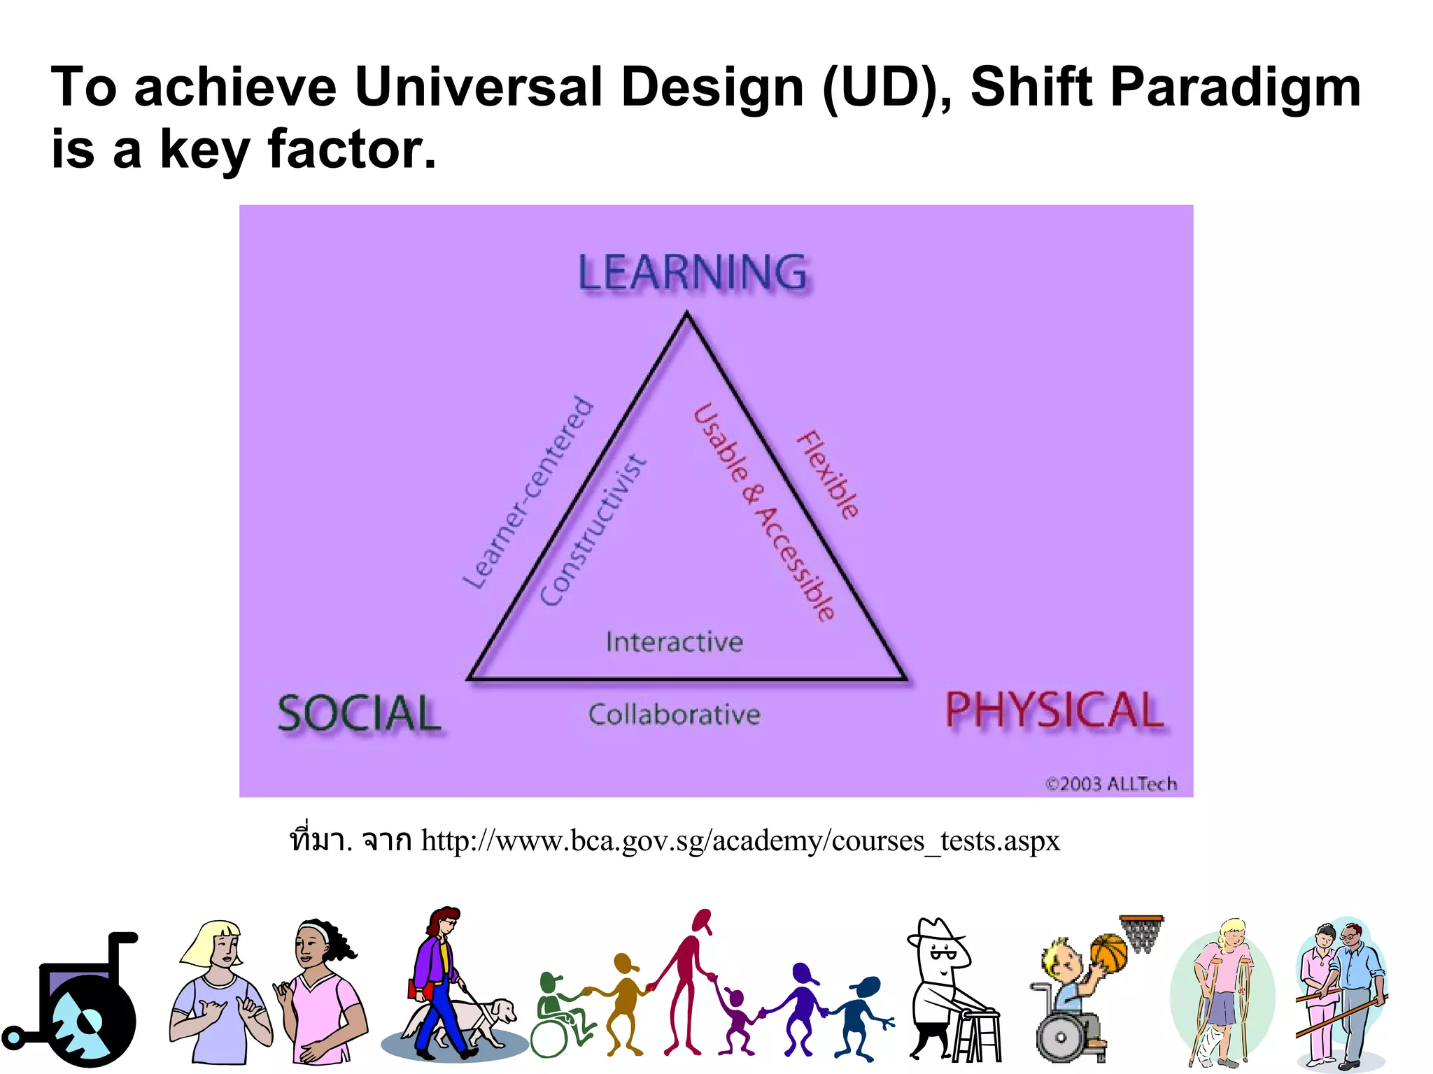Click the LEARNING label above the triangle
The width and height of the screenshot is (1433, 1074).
[x=693, y=273]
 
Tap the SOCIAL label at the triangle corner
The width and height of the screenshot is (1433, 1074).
[x=360, y=714]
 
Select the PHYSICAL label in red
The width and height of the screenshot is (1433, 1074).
[x=1054, y=710]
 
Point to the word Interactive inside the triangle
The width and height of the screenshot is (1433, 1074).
[x=675, y=642]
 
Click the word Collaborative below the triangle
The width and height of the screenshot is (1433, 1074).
[x=675, y=715]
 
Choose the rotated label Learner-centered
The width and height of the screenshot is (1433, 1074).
[x=528, y=492]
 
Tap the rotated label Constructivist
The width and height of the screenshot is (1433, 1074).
[x=593, y=530]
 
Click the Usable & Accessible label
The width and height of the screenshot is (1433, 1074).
[x=764, y=512]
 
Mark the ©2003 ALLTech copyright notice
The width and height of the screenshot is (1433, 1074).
[x=1111, y=784]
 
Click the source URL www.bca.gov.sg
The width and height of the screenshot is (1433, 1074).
[x=740, y=840]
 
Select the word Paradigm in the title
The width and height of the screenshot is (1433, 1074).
[x=1235, y=87]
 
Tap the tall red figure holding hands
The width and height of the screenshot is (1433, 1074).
[x=689, y=979]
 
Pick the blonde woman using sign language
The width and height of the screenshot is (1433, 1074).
[x=218, y=993]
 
